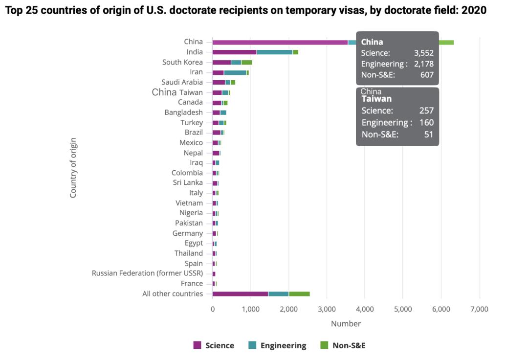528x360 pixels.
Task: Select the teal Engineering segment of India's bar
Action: click(x=274, y=52)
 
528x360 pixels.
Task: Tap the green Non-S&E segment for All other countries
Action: click(x=299, y=294)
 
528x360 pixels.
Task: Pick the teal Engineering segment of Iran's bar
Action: click(x=235, y=72)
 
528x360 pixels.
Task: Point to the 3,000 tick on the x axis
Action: click(x=327, y=309)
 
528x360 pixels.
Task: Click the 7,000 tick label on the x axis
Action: click(x=479, y=309)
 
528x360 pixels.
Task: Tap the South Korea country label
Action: click(x=182, y=62)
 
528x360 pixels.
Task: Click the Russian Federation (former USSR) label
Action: click(x=147, y=273)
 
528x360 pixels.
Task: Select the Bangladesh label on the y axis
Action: click(x=183, y=112)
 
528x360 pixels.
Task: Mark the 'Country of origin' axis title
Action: click(x=73, y=168)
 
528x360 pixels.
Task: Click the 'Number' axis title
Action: click(x=346, y=324)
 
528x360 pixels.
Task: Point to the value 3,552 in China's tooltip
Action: click(x=423, y=53)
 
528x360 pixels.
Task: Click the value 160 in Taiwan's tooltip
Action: click(x=426, y=122)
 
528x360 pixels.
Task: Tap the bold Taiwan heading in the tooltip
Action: click(x=376, y=99)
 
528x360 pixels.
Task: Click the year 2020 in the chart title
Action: click(x=474, y=10)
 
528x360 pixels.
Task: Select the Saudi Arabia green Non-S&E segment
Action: click(x=233, y=82)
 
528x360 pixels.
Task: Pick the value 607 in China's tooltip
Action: click(x=427, y=75)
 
